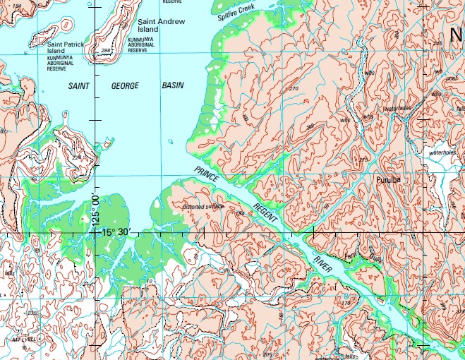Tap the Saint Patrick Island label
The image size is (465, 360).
(65, 48)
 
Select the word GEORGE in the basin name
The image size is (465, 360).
(124, 85)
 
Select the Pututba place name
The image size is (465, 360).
(388, 181)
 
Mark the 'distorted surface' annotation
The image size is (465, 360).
(203, 207)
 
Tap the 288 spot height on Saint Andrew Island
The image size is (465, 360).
(106, 51)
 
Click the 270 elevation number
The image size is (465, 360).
(294, 88)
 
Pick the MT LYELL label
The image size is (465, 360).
(23, 340)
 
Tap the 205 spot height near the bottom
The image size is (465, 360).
(267, 353)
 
